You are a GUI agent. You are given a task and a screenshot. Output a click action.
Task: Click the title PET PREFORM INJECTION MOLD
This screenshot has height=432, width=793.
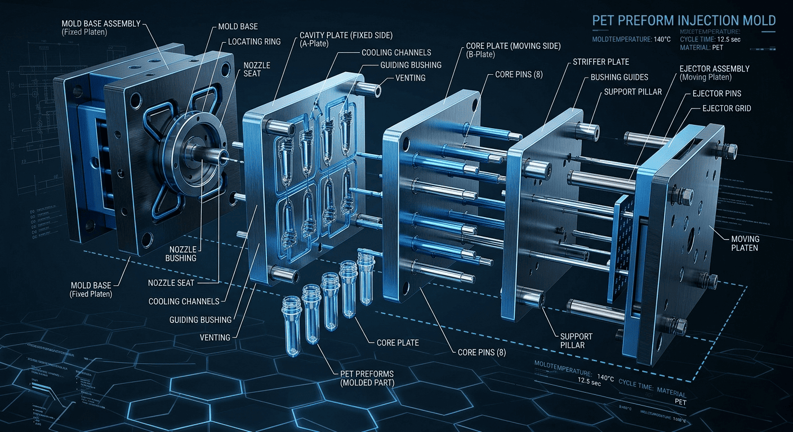(x=684, y=21)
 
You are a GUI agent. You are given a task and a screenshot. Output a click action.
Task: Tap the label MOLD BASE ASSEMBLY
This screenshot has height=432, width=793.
(x=102, y=24)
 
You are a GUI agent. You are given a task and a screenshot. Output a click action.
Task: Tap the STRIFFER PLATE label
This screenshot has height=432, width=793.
(x=600, y=61)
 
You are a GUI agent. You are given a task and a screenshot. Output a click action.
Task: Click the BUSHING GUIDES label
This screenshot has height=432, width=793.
(x=619, y=77)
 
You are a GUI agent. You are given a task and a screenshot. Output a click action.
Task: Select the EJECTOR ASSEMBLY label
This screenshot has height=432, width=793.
(x=714, y=69)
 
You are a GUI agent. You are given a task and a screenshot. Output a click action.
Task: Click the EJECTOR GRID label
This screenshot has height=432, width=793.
(x=726, y=108)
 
